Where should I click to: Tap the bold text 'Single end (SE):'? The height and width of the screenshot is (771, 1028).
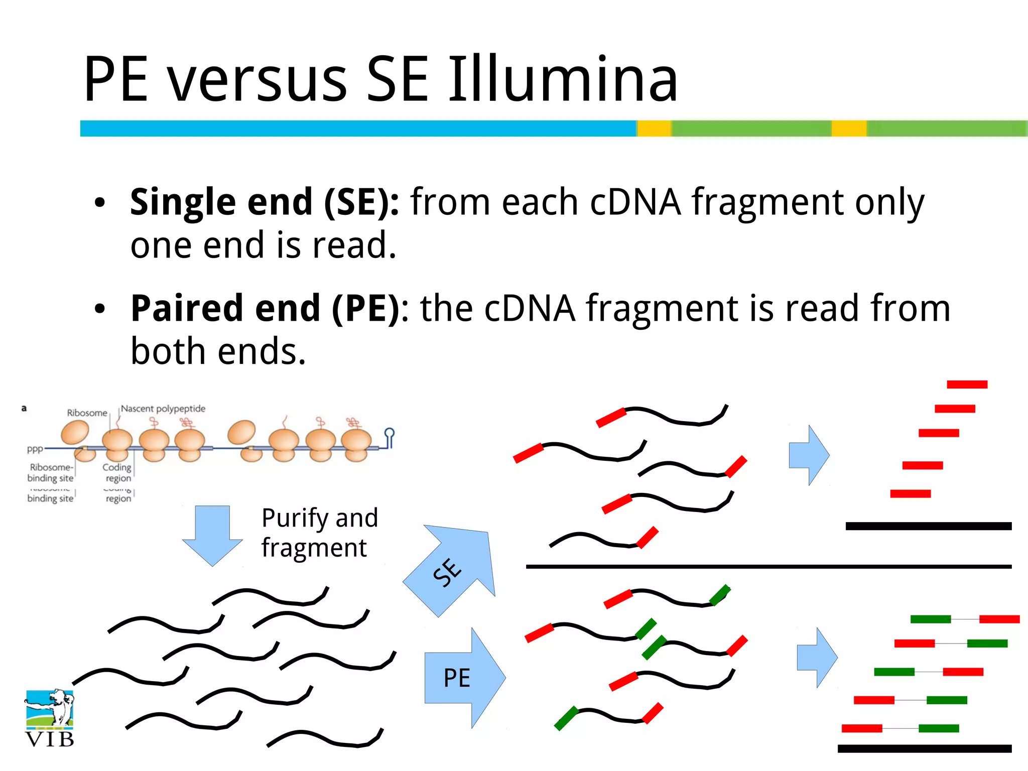click(x=265, y=202)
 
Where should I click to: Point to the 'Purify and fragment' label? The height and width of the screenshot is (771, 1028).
click(x=319, y=532)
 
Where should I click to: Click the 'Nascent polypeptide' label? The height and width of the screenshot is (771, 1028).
click(x=163, y=409)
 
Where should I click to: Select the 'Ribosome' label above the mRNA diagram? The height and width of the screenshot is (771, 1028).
click(x=87, y=413)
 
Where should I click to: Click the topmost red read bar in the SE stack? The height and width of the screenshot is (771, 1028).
click(x=967, y=384)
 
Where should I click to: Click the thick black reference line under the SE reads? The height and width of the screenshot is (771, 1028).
click(x=928, y=526)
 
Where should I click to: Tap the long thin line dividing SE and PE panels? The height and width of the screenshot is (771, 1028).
click(x=768, y=567)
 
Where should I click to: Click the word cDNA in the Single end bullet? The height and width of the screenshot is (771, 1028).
click(x=635, y=202)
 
